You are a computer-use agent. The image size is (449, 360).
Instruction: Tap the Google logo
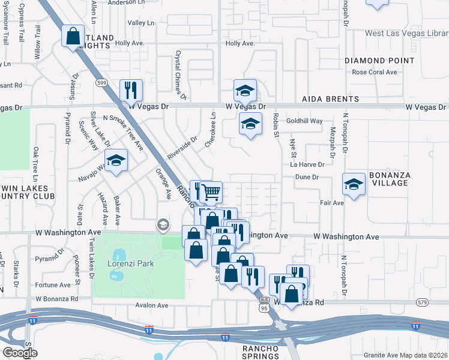[x=20, y=353]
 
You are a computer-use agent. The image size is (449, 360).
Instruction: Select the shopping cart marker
[x=210, y=192]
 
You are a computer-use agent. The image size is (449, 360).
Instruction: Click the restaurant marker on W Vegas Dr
[x=131, y=91]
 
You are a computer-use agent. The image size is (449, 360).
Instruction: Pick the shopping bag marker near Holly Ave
[x=73, y=36]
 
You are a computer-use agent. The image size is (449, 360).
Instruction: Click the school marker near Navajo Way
[x=116, y=161]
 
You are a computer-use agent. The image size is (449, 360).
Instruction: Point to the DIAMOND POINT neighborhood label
[x=379, y=61]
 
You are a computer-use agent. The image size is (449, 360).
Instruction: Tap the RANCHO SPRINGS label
[x=261, y=352]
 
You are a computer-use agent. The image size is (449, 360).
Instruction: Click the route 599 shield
[x=102, y=82]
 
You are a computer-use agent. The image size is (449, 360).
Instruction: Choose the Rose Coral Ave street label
[x=375, y=72]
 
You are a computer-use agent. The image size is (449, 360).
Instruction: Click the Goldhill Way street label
[x=304, y=121]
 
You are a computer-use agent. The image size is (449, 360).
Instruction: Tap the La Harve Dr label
[x=307, y=164]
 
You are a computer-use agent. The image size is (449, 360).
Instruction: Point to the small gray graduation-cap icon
[x=162, y=225]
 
